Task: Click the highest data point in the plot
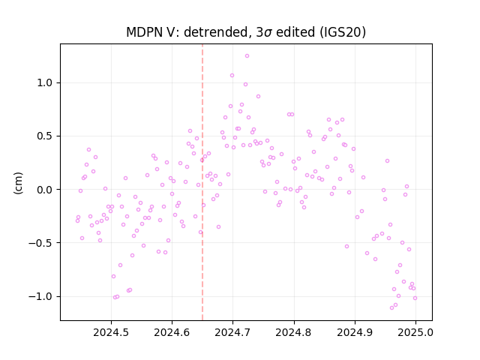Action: (247, 56)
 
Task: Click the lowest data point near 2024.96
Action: (391, 308)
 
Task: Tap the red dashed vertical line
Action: (202, 182)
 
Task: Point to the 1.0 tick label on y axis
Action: (45, 83)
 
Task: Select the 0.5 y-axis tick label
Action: (45, 136)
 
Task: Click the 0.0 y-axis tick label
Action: (45, 190)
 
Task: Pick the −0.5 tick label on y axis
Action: (40, 243)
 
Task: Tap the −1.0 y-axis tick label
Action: (40, 297)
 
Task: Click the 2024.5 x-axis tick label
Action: (111, 332)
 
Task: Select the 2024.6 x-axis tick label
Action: (172, 332)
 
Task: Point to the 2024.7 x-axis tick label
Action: (232, 332)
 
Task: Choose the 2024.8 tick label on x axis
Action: (294, 332)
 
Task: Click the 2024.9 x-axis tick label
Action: (355, 332)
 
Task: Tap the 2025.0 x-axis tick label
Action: (415, 332)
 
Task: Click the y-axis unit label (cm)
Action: (18, 183)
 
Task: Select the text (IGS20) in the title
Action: (343, 32)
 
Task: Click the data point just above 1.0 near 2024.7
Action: (232, 75)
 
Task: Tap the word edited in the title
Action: (295, 32)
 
